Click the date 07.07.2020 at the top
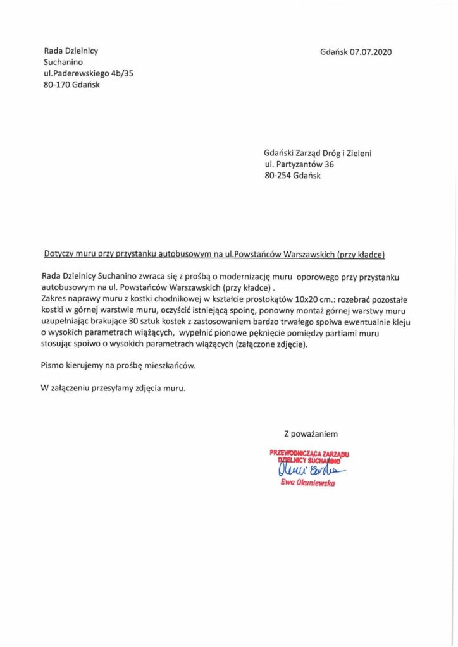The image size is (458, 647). [371, 52]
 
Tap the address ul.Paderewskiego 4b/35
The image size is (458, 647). [88, 74]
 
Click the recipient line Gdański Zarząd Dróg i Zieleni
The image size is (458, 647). [323, 153]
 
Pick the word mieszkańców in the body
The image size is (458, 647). [173, 365]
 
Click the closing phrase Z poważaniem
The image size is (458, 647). [310, 433]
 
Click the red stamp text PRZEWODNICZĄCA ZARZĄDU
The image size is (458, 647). [309, 453]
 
